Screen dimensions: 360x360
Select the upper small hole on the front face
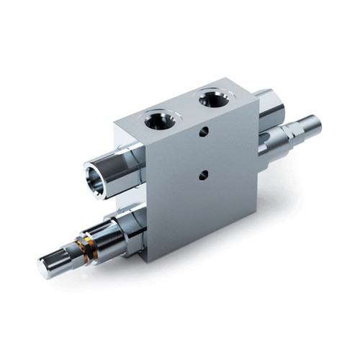(205, 132)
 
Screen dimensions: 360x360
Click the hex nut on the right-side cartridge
(272, 138)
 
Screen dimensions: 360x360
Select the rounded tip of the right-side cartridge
(315, 125)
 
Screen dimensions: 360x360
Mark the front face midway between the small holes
(204, 153)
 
